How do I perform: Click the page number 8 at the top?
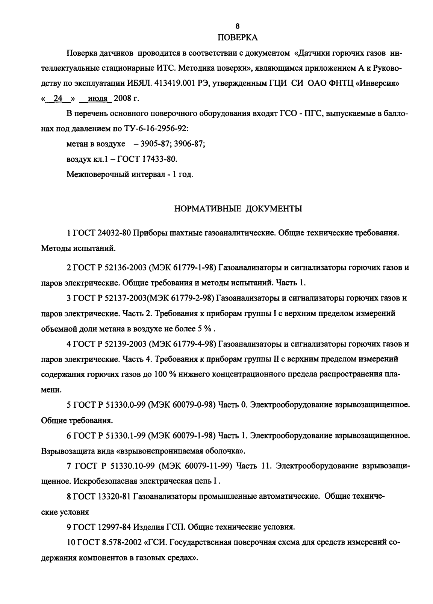[x=237, y=26]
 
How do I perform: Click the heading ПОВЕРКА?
[x=238, y=37]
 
